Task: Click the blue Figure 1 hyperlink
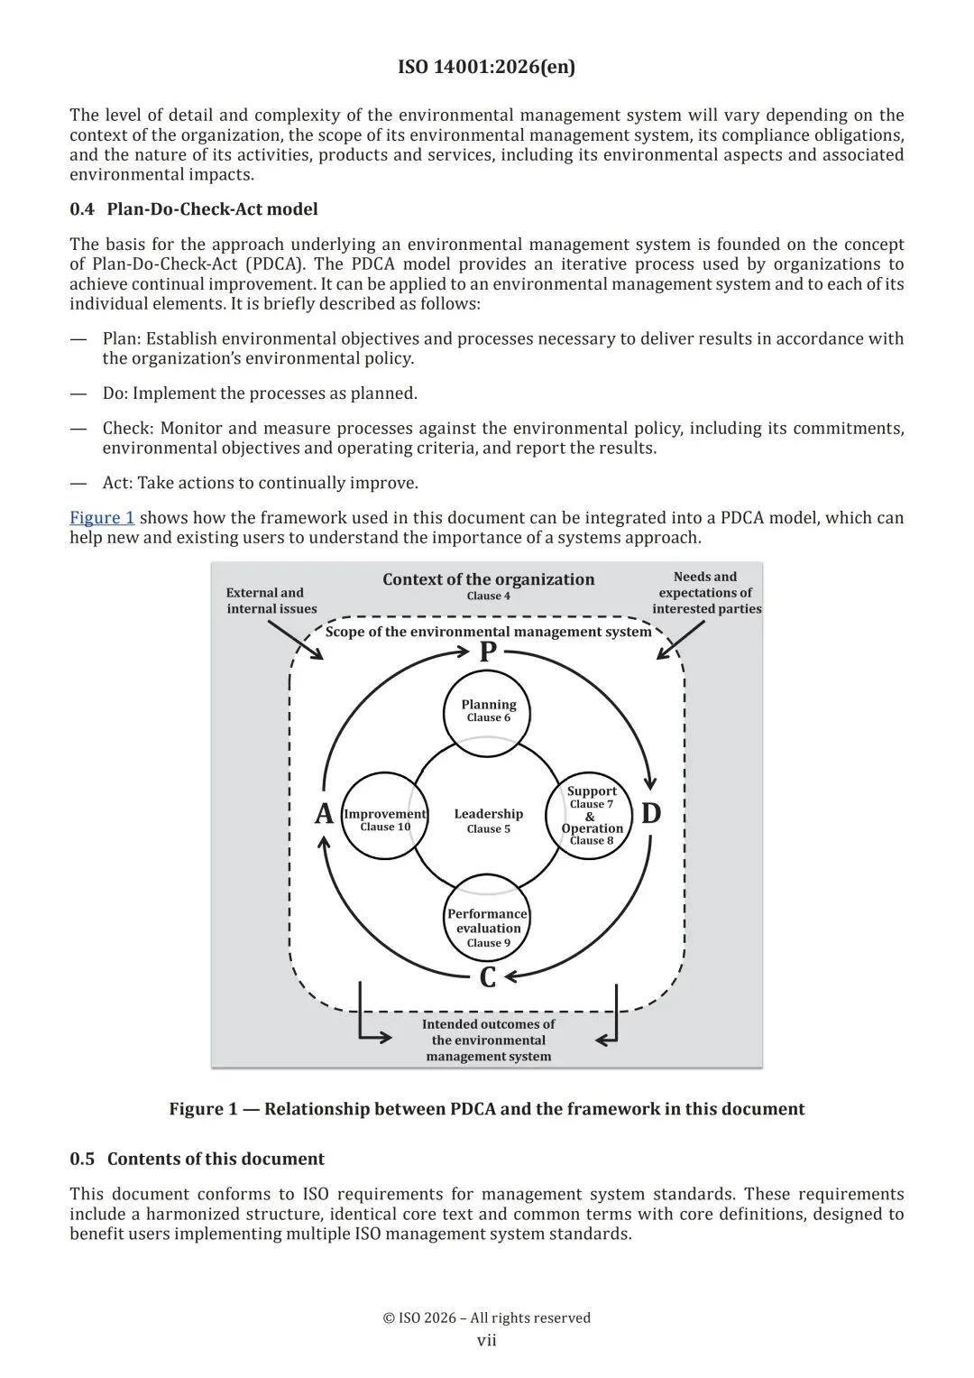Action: (x=102, y=518)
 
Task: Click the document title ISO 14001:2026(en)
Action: (x=486, y=67)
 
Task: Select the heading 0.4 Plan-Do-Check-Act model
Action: (x=194, y=209)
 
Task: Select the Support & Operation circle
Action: (x=592, y=815)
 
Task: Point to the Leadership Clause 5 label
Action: (x=488, y=820)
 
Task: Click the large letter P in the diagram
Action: (x=488, y=652)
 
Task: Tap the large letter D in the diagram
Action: (x=651, y=814)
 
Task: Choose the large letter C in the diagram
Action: (x=488, y=977)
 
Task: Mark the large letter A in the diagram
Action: (x=324, y=814)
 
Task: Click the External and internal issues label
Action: (x=271, y=601)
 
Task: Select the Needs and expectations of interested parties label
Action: (x=706, y=593)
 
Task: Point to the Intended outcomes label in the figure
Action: (x=488, y=1040)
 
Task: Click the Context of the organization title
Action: (x=488, y=580)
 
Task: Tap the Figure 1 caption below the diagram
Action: (x=486, y=1109)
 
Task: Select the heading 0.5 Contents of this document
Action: (x=198, y=1159)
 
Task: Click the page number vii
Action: (x=487, y=1340)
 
